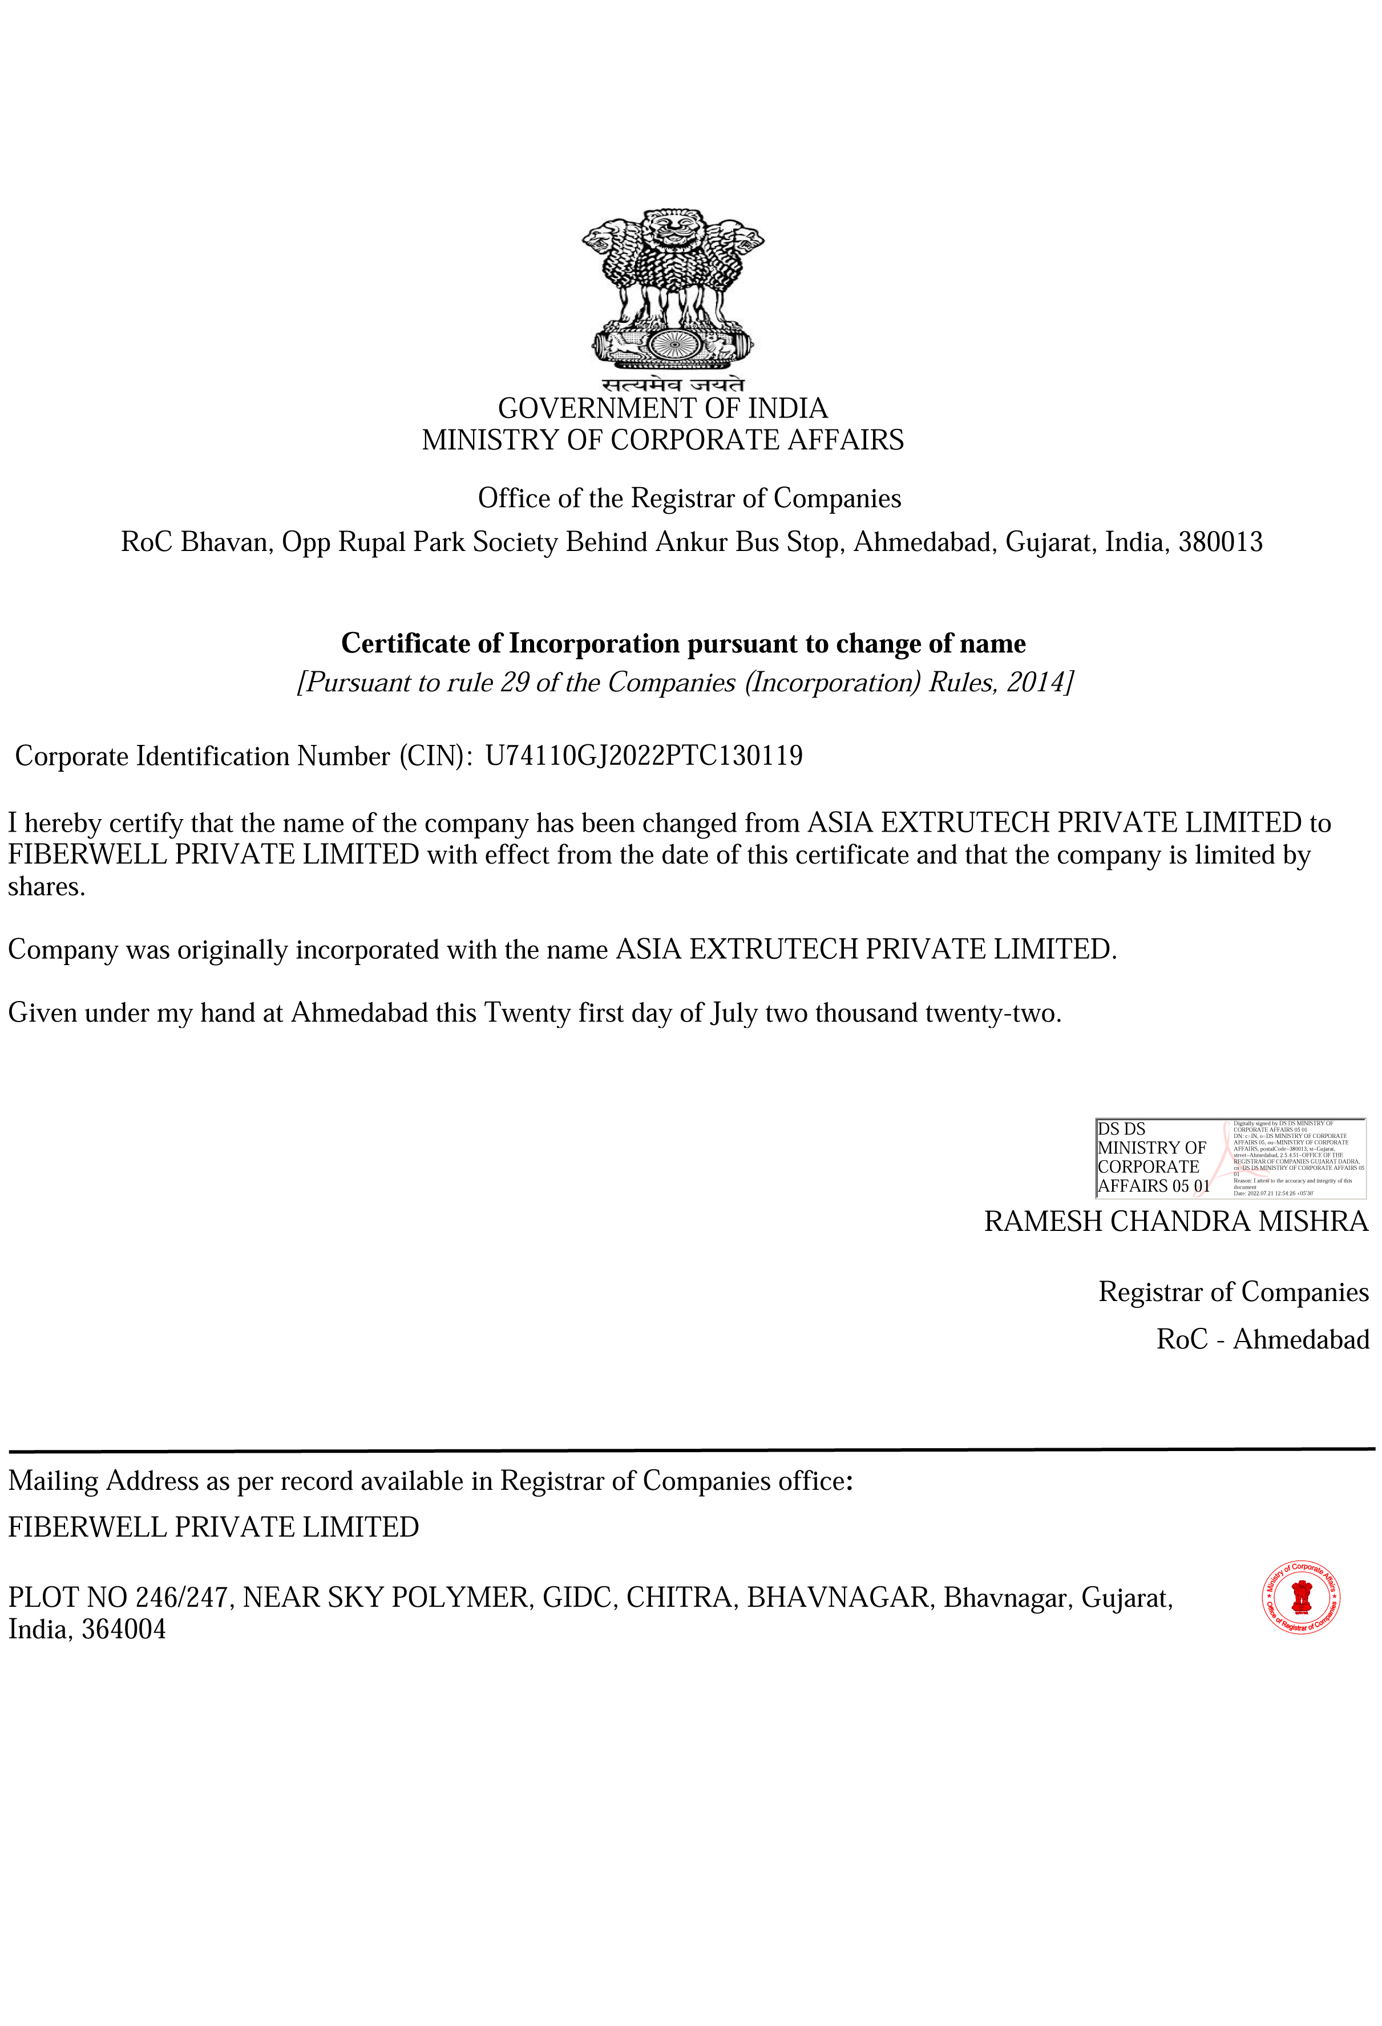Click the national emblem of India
(672, 287)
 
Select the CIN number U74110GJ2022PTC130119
(644, 755)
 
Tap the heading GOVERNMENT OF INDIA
(662, 408)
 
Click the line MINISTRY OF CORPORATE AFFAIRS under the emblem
(662, 440)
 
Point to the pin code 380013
(1220, 542)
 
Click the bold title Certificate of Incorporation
(682, 643)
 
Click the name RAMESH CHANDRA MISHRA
(1175, 1221)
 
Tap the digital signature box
(1230, 1158)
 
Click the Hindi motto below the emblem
(672, 383)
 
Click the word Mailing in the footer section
(53, 1481)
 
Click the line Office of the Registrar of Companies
(689, 499)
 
